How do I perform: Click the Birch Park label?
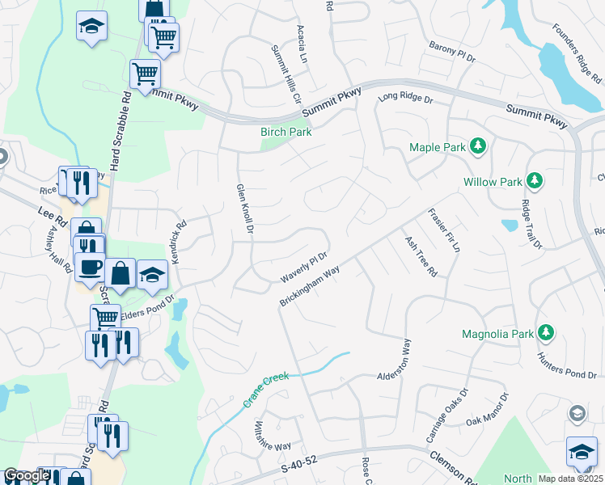286,132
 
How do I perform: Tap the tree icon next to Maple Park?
479,146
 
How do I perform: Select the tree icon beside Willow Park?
533,180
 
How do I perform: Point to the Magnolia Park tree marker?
546,332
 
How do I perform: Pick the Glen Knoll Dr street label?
245,209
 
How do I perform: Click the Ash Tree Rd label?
421,257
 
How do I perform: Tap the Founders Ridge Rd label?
577,53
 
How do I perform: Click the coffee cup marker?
89,266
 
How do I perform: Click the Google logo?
26,476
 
